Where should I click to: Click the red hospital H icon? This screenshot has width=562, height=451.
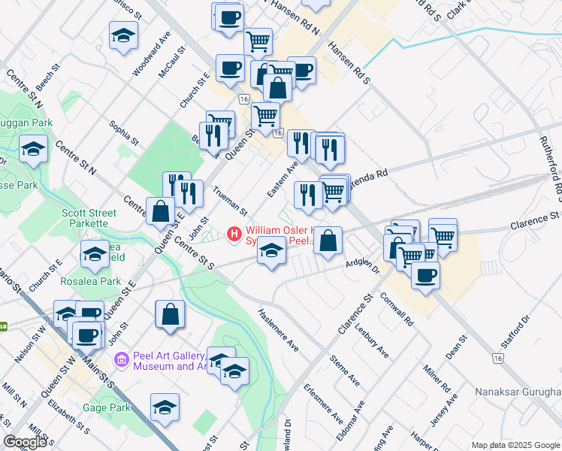click(234, 233)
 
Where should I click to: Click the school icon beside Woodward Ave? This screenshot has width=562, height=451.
click(124, 35)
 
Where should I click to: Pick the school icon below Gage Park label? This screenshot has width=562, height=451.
click(165, 407)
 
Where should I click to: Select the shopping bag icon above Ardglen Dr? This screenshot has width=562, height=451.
click(328, 241)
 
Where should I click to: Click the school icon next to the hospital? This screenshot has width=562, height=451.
click(270, 250)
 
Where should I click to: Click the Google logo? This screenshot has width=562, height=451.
click(25, 442)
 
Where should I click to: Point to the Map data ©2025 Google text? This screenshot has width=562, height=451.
click(515, 445)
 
